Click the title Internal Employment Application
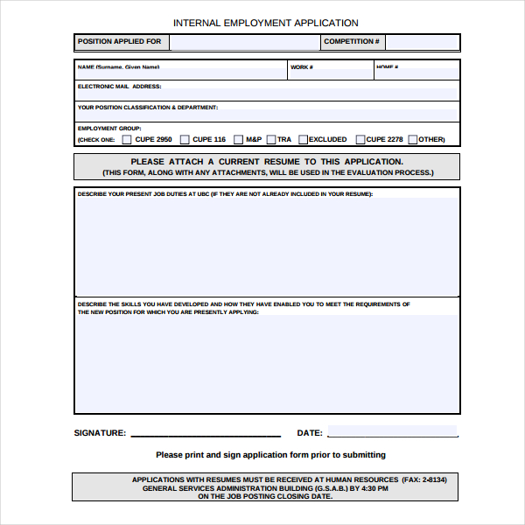pos(265,23)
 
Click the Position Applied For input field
pos(242,42)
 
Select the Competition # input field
pos(423,42)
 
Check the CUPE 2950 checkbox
pos(127,139)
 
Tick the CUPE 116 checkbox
pos(184,139)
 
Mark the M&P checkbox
pos(237,139)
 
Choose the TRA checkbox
pos(271,139)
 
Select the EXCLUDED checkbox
pos(303,139)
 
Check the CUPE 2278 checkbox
pos(360,139)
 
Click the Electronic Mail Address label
pos(119,87)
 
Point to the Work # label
pos(301,66)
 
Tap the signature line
pos(206,434)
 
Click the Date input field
pos(392,431)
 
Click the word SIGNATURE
pos(100,433)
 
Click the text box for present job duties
pos(267,245)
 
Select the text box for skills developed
pos(267,363)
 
